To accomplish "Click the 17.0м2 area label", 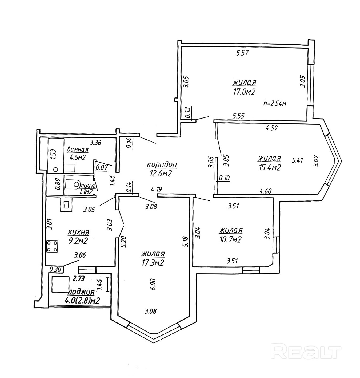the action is coord(244,92).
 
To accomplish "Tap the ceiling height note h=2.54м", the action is coord(274,103).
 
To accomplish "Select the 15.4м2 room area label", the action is coord(269,168).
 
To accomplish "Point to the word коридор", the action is coord(162,164).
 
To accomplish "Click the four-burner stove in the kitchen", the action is coord(52,246).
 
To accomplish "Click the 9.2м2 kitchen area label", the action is coord(78,241).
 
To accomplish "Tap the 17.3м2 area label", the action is coord(153,263).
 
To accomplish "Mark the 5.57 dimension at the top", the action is coord(242,53).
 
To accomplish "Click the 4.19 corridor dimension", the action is coord(157,190).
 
